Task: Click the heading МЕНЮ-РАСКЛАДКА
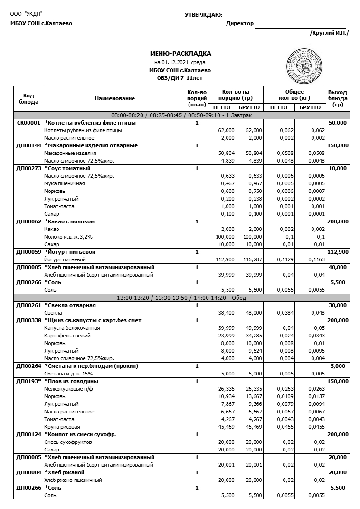tap(180, 54)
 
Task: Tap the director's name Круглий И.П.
tap(329, 33)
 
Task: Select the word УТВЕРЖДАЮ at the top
tap(204, 15)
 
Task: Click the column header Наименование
tap(114, 98)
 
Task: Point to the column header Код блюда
tap(28, 98)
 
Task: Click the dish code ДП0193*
tap(28, 381)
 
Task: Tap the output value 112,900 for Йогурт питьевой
tap(338, 252)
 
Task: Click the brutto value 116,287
tap(250, 259)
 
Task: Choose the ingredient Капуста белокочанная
tap(72, 328)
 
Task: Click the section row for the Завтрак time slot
tap(181, 115)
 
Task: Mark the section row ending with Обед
tap(181, 298)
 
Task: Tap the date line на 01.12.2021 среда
tap(180, 62)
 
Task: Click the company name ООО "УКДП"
tap(26, 15)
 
